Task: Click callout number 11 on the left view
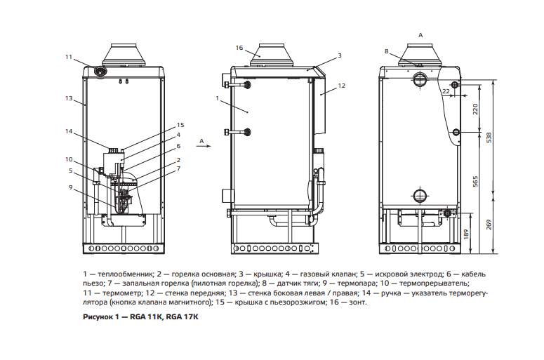pos(68,57)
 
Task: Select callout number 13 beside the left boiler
pos(69,98)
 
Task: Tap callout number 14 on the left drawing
pos(69,131)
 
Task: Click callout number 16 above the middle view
pos(239,48)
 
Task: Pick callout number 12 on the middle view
pos(342,86)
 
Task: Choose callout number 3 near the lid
pos(339,55)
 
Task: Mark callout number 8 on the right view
pos(386,51)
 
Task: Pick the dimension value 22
pos(445,91)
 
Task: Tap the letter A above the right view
pos(420,34)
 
